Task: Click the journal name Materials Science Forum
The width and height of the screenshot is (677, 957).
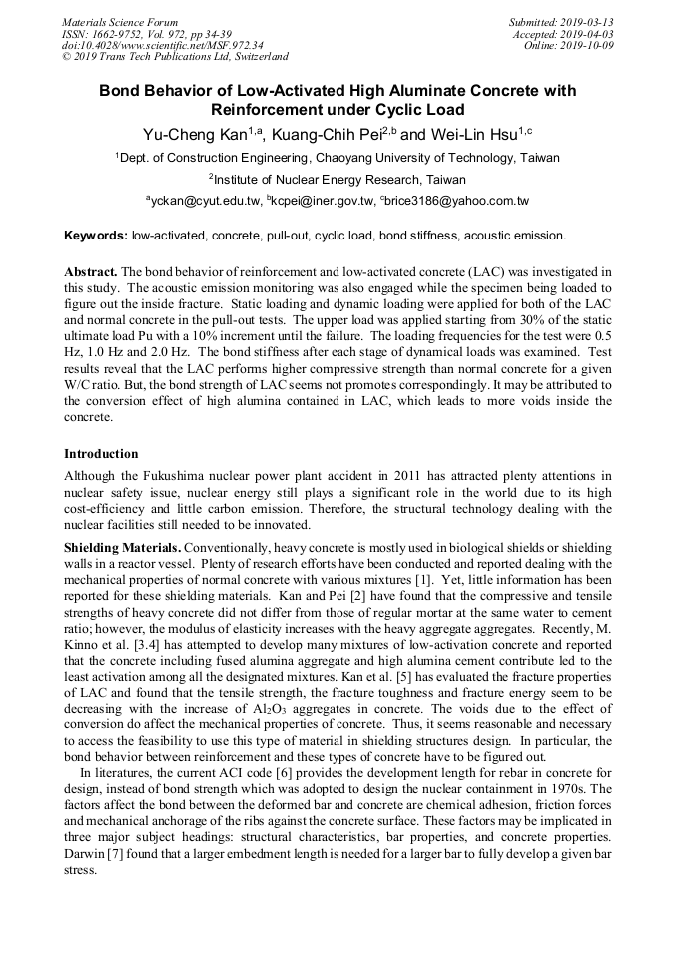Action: pos(120,22)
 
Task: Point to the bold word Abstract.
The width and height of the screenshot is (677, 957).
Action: pos(91,272)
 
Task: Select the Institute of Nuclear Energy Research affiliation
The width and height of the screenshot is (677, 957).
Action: pos(337,180)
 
